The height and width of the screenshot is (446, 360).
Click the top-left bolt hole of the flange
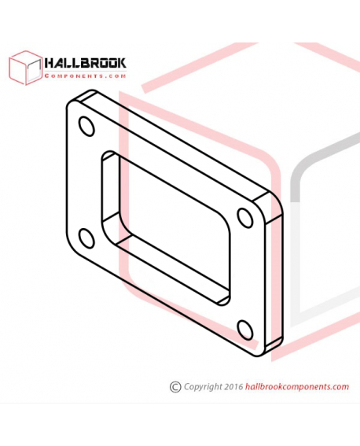(86, 127)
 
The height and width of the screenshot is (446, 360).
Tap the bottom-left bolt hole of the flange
(86, 238)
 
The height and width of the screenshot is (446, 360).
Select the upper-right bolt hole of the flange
(245, 218)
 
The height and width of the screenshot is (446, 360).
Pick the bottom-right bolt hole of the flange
(245, 330)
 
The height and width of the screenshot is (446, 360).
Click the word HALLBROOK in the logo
(85, 64)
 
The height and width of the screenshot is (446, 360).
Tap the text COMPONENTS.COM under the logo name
(85, 76)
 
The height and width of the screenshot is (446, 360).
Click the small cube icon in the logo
(25, 68)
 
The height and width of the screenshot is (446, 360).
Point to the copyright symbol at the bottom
(175, 387)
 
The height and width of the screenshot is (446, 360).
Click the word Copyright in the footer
(203, 387)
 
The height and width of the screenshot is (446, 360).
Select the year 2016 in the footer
(233, 386)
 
